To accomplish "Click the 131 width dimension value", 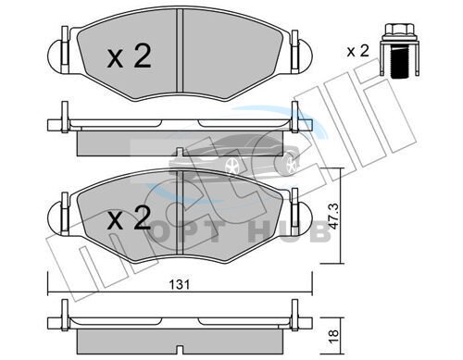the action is pyautogui.click(x=180, y=284).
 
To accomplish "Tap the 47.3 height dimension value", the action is pyautogui.click(x=333, y=216).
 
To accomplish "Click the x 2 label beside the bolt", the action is pyautogui.click(x=357, y=51).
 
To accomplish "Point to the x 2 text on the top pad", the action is pyautogui.click(x=129, y=56).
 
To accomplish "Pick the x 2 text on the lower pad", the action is pyautogui.click(x=129, y=218).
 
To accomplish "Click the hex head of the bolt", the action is pyautogui.click(x=400, y=31).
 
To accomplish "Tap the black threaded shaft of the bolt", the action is pyautogui.click(x=399, y=61).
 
